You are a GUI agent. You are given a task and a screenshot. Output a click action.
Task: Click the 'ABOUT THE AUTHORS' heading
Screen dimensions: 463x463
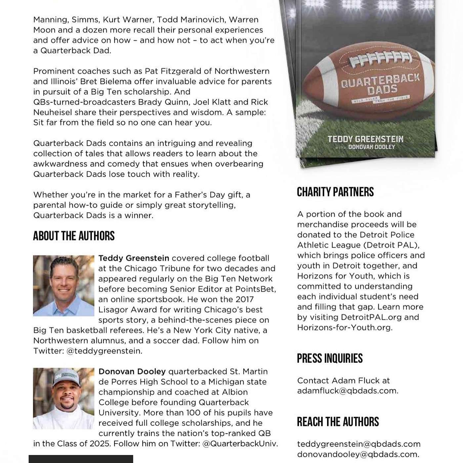click(74, 236)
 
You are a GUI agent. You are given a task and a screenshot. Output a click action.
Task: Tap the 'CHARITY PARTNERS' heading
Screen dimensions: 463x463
click(335, 192)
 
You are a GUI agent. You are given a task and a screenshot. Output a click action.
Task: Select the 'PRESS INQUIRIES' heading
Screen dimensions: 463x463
click(330, 358)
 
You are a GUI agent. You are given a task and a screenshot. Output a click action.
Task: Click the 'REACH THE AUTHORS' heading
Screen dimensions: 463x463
click(338, 422)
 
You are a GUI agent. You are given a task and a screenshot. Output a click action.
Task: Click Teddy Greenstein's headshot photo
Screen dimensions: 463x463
click(63, 286)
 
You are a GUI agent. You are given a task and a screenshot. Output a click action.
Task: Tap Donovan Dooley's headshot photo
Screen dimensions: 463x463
click(63, 399)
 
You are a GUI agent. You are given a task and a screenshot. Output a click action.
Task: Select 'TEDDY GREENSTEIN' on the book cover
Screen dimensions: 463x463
click(365, 139)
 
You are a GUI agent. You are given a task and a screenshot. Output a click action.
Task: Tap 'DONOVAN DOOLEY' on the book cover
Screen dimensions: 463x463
click(371, 147)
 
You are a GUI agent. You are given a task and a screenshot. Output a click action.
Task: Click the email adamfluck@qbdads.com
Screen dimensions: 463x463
click(347, 391)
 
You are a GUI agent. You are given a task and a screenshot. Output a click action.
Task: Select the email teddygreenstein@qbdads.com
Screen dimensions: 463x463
click(359, 444)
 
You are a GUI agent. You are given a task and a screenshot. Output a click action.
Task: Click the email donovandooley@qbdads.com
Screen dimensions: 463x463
click(358, 454)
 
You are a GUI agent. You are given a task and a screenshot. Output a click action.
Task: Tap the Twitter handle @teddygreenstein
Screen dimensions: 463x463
click(104, 351)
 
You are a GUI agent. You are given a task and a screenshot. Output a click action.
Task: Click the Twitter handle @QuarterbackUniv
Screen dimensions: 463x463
click(239, 443)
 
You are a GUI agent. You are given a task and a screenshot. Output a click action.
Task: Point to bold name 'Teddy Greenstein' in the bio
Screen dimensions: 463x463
click(134, 258)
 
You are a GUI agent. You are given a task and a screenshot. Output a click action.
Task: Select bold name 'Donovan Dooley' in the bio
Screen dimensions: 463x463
click(132, 372)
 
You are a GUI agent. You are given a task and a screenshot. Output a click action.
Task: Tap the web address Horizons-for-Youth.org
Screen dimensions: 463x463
click(344, 327)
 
